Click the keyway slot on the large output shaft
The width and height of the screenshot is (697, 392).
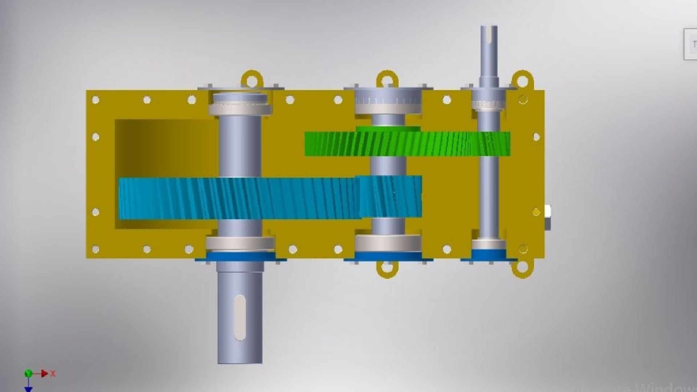(x=240, y=318)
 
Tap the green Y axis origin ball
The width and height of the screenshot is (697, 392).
(x=28, y=373)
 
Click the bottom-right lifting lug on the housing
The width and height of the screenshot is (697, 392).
(x=522, y=268)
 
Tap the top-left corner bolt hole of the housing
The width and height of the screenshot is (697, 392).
(x=96, y=100)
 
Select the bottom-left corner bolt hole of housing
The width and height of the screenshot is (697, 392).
(x=96, y=249)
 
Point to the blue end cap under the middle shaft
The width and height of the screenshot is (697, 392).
(x=388, y=257)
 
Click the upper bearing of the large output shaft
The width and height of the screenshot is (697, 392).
(x=240, y=108)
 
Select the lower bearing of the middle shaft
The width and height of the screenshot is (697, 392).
(x=388, y=243)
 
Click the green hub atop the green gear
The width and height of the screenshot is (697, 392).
(x=388, y=128)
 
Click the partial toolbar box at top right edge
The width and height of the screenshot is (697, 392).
(x=690, y=44)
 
